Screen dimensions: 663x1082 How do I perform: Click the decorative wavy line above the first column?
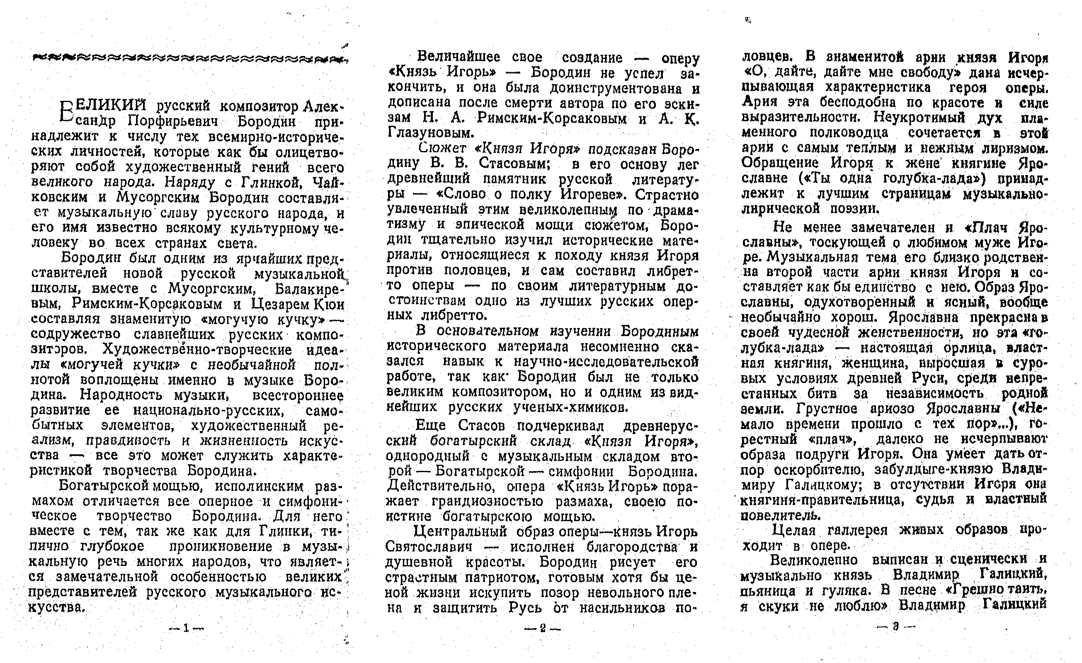[x=188, y=58]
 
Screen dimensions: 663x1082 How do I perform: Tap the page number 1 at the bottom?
[x=186, y=628]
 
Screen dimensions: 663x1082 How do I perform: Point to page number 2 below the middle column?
[x=542, y=628]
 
